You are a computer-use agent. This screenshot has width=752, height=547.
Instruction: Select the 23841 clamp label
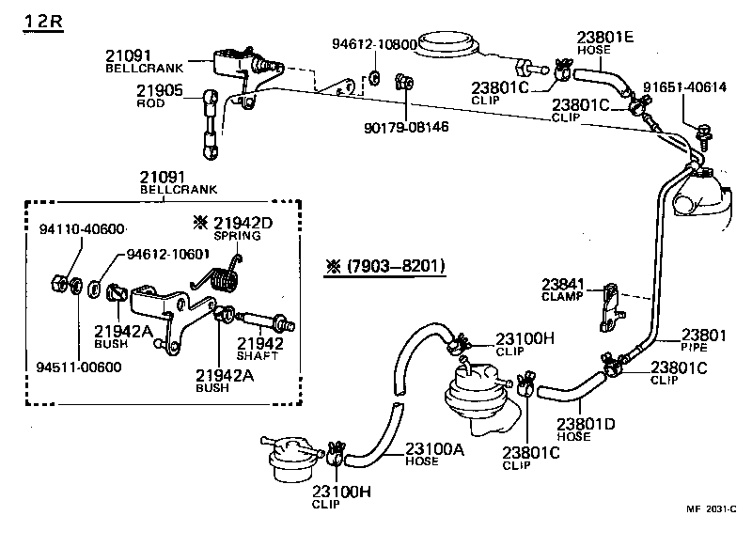point(562,284)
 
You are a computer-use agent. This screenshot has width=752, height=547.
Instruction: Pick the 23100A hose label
point(434,449)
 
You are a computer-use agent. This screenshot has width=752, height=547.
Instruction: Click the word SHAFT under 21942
point(260,355)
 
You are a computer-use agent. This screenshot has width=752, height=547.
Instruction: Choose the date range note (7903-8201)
point(382,266)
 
